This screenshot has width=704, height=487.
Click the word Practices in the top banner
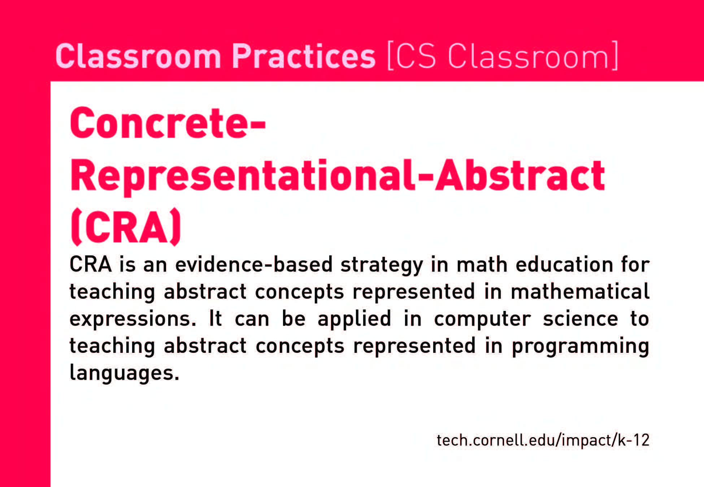pos(304,56)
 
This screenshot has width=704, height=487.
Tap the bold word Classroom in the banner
pos(138,56)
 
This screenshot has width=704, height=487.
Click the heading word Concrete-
pos(168,123)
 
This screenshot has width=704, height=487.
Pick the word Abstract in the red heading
pos(520,175)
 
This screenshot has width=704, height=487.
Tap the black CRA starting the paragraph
pos(90,264)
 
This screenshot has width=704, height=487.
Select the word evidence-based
pos(254,264)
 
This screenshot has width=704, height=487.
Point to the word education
pos(564,264)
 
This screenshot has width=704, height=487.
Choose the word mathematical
pos(580,291)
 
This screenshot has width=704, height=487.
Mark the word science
pos(581,319)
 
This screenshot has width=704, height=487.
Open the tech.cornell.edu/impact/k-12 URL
pos(543,440)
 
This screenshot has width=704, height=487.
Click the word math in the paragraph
pos(482,264)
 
